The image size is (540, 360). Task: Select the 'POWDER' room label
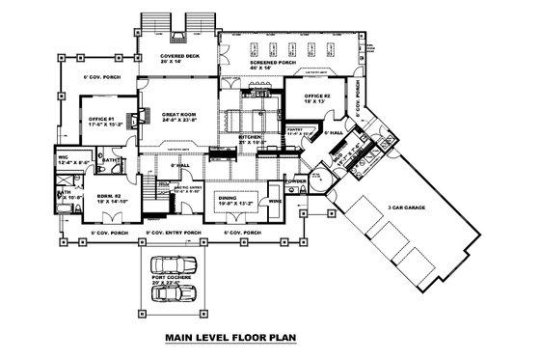[x=296, y=180]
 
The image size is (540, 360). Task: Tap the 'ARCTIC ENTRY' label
[x=187, y=189]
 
